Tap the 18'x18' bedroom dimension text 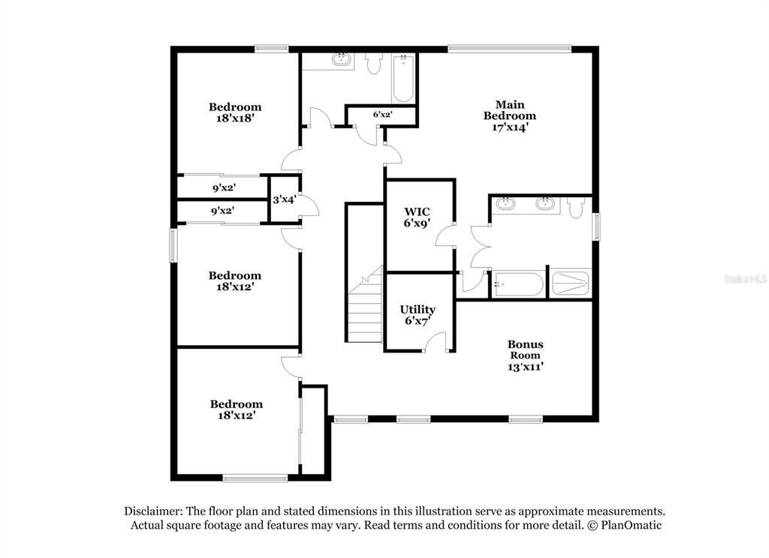click(x=235, y=118)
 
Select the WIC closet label click(x=417, y=212)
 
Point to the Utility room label click(x=418, y=310)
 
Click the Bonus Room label click(x=525, y=349)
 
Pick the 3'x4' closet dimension click(x=285, y=199)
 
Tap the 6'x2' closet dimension click(x=382, y=115)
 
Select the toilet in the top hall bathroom click(x=374, y=63)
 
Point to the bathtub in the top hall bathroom click(x=403, y=79)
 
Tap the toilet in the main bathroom click(x=575, y=207)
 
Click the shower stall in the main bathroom click(x=571, y=283)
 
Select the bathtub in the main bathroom click(x=518, y=284)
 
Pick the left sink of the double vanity click(x=505, y=202)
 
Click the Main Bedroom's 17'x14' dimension click(x=510, y=127)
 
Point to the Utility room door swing click(x=435, y=341)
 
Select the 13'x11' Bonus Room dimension click(x=526, y=367)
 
